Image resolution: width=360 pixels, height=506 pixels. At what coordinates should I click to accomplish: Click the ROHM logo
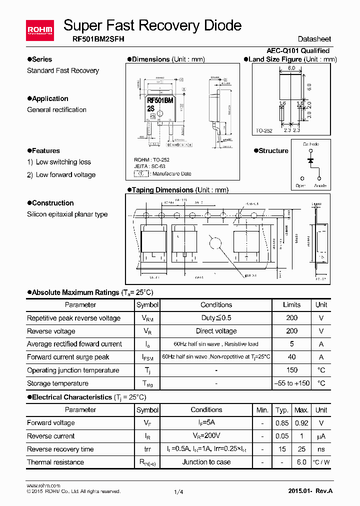[x=39, y=31]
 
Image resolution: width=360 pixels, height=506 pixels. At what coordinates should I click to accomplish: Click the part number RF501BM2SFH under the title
[x=95, y=39]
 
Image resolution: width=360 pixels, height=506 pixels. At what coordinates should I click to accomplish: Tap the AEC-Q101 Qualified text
[x=298, y=50]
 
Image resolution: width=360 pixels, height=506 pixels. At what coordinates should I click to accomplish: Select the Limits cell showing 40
[x=291, y=357]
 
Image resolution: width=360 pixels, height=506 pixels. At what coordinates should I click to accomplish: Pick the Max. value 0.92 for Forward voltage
[x=301, y=423]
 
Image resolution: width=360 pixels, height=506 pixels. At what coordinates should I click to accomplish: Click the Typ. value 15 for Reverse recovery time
[x=282, y=449]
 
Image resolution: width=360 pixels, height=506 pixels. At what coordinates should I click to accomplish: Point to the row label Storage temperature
[x=57, y=383]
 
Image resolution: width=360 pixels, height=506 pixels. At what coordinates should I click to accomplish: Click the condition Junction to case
[x=206, y=462]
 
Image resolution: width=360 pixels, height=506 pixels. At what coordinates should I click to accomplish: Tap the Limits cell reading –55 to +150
[x=291, y=383]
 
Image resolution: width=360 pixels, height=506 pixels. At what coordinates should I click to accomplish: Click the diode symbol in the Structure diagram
[x=310, y=160]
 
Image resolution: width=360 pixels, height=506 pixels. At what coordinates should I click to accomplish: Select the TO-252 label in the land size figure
[x=264, y=130]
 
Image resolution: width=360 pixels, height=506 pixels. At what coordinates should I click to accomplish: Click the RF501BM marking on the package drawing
[x=160, y=100]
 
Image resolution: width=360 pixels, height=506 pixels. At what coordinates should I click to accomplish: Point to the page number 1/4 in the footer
[x=178, y=492]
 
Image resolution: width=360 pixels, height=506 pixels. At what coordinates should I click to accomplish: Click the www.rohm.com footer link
[x=43, y=485]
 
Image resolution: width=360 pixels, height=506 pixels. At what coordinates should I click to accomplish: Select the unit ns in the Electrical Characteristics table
[x=321, y=449]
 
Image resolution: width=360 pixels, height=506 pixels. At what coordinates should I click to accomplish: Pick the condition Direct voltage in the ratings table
[x=216, y=331]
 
